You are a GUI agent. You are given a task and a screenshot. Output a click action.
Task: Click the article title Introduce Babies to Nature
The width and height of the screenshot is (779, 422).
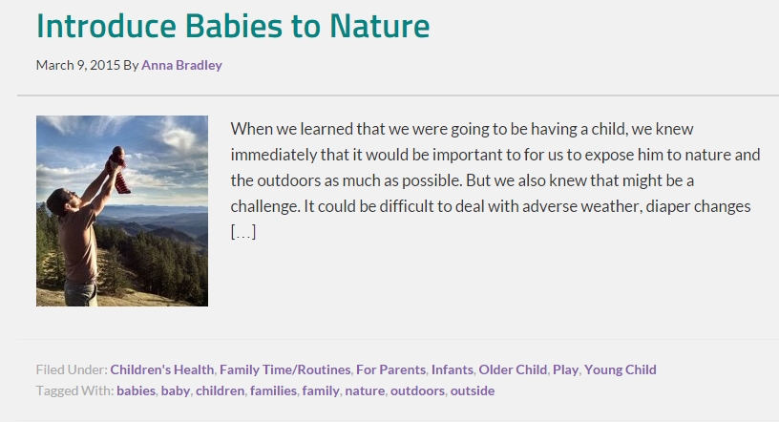[233, 26]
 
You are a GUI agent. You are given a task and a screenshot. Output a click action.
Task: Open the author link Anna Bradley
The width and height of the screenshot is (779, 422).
[181, 65]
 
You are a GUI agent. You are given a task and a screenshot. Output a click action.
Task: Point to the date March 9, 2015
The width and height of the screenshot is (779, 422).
[78, 65]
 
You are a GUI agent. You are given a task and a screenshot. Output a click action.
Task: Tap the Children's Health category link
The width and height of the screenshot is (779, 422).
[162, 369]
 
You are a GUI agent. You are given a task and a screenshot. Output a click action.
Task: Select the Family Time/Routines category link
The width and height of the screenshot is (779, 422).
[285, 369]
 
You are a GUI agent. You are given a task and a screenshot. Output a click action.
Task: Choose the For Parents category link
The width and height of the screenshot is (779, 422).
[391, 369]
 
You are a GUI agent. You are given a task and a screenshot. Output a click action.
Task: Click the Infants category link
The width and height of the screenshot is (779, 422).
[453, 369]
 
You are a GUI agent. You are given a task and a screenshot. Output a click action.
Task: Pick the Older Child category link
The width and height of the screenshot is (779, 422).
[513, 369]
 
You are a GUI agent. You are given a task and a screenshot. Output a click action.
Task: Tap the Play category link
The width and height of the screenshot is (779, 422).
[565, 369]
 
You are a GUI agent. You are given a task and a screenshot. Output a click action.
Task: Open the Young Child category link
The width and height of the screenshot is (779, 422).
[620, 369]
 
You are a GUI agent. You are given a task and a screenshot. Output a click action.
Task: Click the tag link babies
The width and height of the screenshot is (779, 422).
[137, 390]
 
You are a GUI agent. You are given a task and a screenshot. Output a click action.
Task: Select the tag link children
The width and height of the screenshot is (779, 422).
[221, 390]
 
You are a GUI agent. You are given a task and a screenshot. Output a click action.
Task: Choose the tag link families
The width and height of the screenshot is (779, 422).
[273, 390]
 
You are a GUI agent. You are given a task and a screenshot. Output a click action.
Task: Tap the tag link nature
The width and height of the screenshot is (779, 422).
[365, 390]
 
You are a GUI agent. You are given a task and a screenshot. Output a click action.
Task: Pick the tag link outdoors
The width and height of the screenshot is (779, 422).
[417, 390]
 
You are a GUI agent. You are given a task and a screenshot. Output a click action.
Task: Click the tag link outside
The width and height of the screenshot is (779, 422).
[473, 390]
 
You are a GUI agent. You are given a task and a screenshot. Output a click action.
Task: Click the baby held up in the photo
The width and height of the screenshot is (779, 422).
[118, 170]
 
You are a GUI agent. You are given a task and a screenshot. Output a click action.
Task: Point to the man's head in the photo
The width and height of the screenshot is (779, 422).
[58, 201]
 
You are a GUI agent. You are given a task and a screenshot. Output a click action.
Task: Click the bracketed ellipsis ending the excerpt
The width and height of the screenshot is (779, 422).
[243, 232]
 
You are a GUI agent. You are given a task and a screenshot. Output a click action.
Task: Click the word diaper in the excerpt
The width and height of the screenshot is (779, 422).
[666, 206]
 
